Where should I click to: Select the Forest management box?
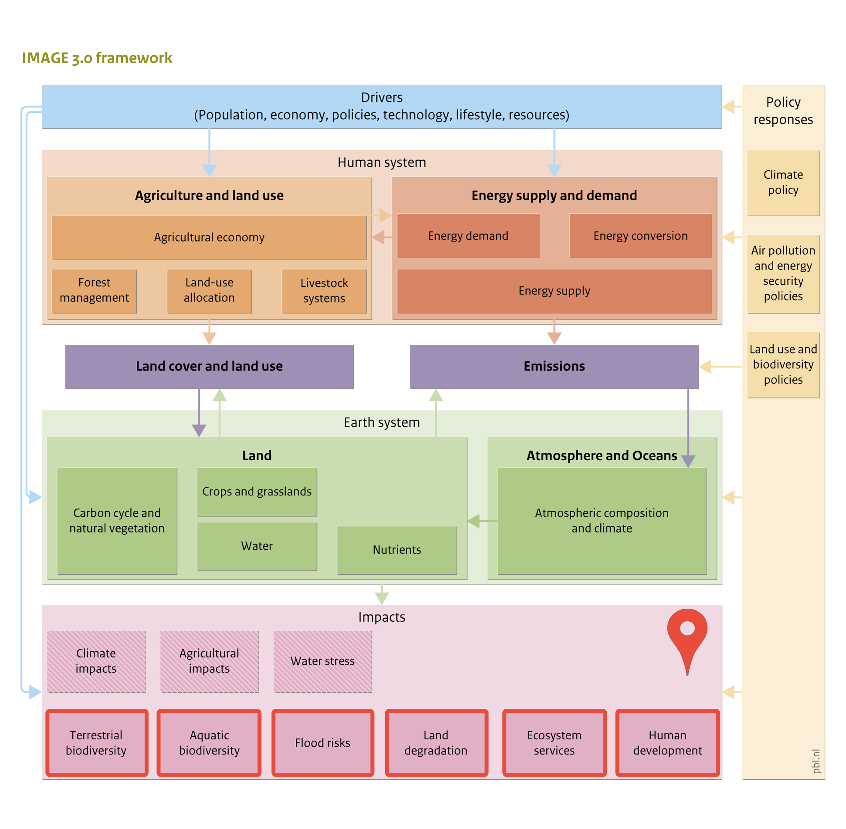[94, 290]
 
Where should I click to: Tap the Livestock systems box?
[324, 290]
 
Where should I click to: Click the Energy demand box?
[468, 236]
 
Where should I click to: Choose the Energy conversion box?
[640, 236]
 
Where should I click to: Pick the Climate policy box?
[783, 182]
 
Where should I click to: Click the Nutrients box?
[396, 549]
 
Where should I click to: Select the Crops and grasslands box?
[257, 492]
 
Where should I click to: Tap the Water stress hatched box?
[322, 661]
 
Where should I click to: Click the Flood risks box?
[322, 742]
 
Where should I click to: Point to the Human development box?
[667, 742]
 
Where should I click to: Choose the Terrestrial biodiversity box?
[96, 742]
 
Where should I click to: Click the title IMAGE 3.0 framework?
[97, 58]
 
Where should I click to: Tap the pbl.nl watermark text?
[816, 761]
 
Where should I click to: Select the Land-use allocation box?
[209, 290]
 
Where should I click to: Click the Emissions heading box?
[554, 367]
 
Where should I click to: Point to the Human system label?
[382, 162]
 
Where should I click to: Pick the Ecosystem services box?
[554, 742]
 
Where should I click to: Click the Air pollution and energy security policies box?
[783, 273]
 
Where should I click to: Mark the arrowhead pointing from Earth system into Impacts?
[382, 598]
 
